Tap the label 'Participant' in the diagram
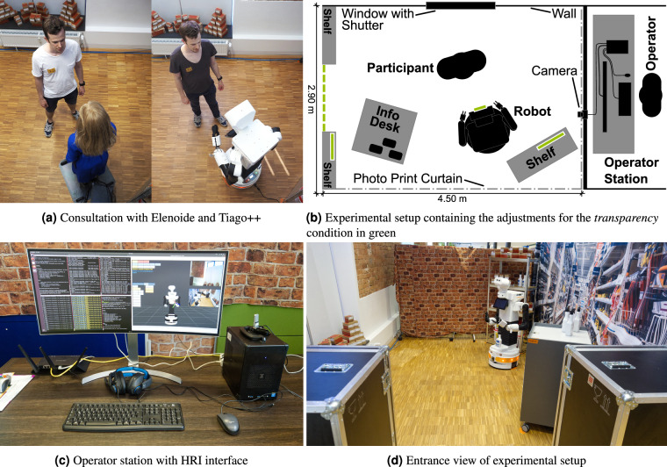click(400, 68)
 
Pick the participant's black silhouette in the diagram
click(462, 64)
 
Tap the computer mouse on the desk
click(226, 423)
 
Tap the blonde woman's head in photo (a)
click(92, 121)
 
